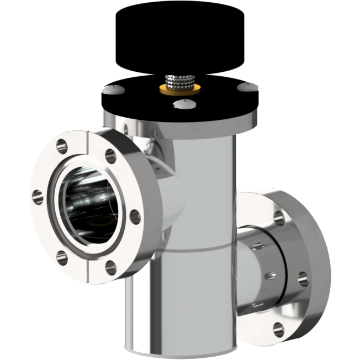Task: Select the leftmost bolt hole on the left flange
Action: coord(38,194)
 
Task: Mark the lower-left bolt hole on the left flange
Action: coord(62,255)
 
